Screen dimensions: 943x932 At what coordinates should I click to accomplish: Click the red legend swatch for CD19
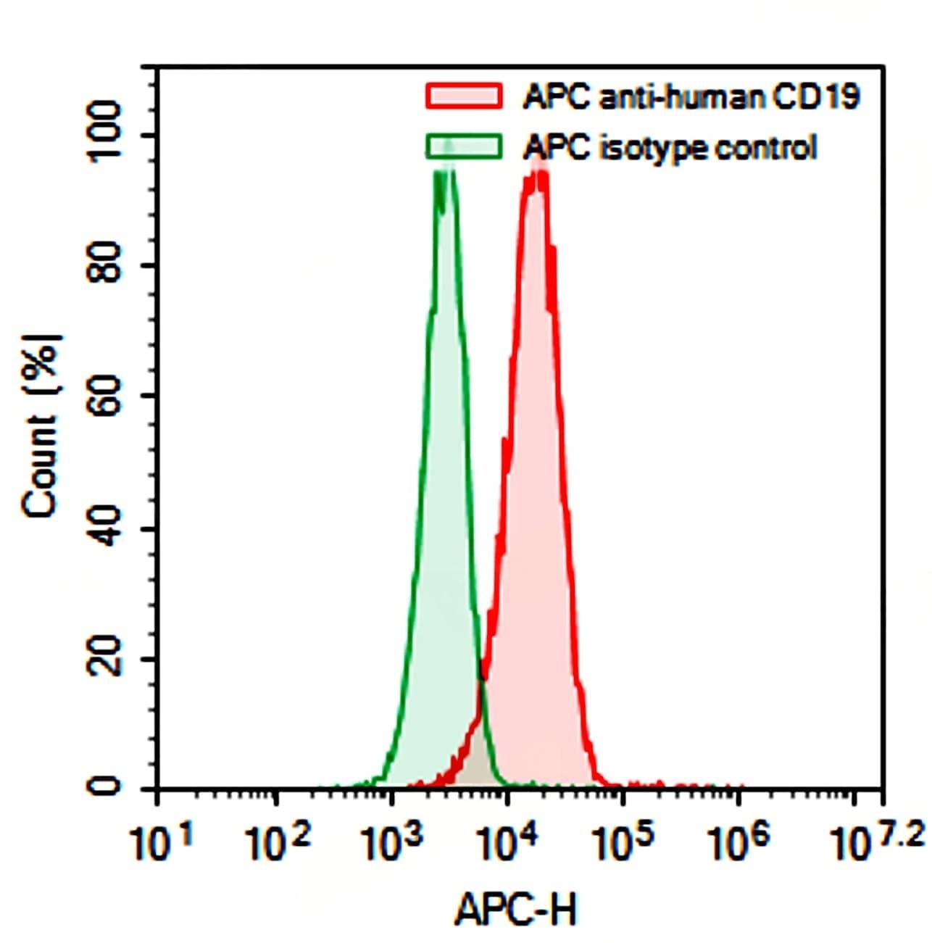(x=464, y=96)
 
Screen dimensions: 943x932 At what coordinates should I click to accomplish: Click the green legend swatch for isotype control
(x=464, y=147)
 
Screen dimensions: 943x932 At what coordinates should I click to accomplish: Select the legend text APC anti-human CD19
(x=691, y=96)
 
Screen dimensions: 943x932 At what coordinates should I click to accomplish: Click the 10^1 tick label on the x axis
(x=162, y=842)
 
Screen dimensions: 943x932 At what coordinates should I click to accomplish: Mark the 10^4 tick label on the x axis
(x=510, y=842)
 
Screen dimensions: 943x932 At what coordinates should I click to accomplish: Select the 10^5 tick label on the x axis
(x=625, y=842)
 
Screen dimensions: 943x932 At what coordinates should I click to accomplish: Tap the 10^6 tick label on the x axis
(x=740, y=842)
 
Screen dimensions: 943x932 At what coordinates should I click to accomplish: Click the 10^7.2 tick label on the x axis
(x=875, y=841)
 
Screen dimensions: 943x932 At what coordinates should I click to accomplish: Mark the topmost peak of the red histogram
(x=538, y=161)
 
